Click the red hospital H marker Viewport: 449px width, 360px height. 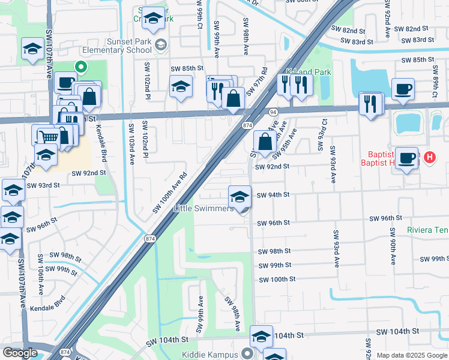coord(429,158)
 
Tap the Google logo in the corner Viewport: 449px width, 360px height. coord(20,353)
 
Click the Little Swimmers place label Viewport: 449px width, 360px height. coord(203,209)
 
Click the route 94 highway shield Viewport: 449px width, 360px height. coord(273,112)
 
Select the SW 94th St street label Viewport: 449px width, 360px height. coord(273,195)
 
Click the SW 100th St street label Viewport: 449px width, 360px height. coord(277,280)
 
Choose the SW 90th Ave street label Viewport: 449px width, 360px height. coord(393,246)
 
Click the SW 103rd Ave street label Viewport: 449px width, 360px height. coord(130,141)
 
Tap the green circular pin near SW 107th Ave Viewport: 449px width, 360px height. coord(80,67)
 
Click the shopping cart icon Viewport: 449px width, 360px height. coord(48,138)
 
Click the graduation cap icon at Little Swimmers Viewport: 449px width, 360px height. coord(240,196)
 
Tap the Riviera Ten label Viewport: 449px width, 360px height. coord(427,230)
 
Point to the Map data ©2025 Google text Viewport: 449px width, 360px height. coord(411,355)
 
